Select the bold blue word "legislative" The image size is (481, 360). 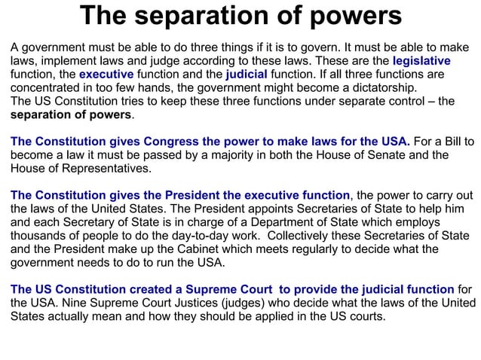(421, 61)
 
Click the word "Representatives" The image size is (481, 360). (101, 169)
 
